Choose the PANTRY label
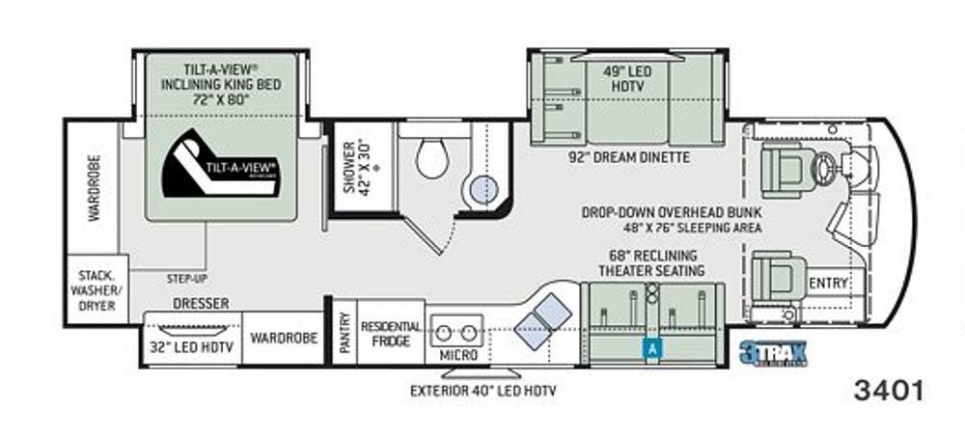[345, 332]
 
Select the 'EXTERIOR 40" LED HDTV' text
[482, 391]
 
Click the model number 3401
[889, 391]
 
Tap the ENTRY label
[829, 283]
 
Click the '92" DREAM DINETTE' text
[627, 157]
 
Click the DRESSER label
[201, 303]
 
